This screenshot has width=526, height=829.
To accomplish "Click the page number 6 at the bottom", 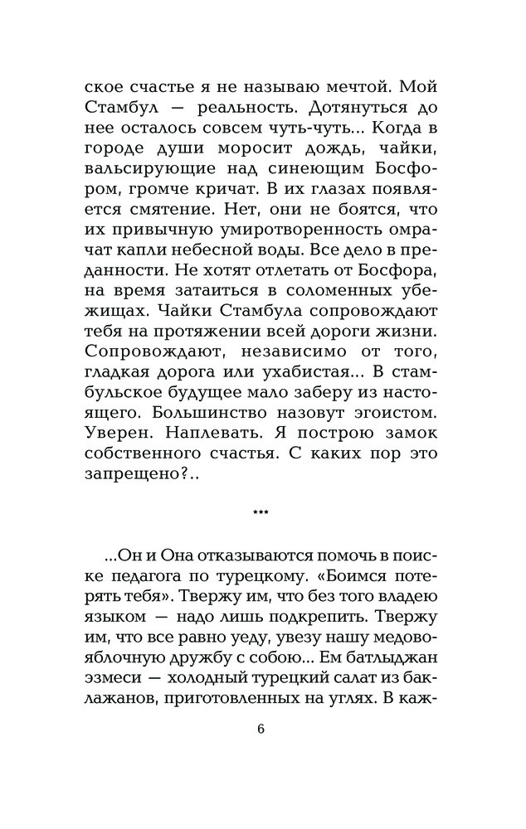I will point(262,730).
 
